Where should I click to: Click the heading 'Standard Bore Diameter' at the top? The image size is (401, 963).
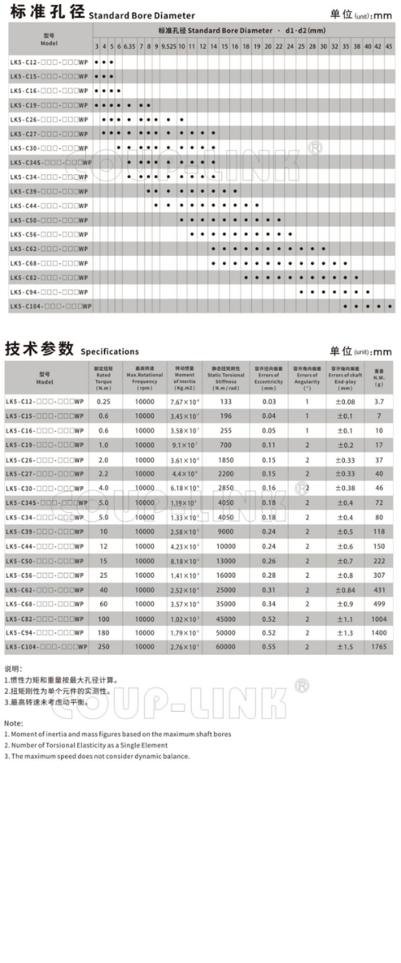tap(141, 15)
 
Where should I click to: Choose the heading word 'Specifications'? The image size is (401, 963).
tap(109, 351)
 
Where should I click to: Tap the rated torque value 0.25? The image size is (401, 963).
tap(103, 400)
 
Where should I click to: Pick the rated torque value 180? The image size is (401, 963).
tap(103, 632)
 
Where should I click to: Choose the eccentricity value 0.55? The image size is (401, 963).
tap(269, 646)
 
